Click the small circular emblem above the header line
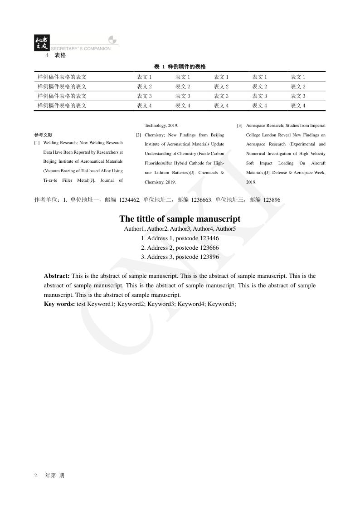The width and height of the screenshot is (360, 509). (x=112, y=40)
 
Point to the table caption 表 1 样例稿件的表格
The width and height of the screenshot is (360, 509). (x=180, y=67)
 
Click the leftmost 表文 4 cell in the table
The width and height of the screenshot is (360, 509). (x=144, y=106)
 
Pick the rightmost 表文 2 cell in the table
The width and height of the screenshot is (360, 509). (x=298, y=87)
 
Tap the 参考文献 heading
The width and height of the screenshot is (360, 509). (x=43, y=135)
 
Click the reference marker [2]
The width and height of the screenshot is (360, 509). (x=138, y=135)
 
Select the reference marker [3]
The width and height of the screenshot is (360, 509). (x=240, y=125)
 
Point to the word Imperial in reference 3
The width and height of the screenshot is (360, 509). (x=317, y=125)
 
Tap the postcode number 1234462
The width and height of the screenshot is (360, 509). (x=129, y=199)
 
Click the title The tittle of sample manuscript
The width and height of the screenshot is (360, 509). (x=180, y=219)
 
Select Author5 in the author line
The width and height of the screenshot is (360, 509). (x=226, y=229)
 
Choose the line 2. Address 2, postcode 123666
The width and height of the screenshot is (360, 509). (x=180, y=247)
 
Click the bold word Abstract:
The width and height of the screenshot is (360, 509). (x=57, y=276)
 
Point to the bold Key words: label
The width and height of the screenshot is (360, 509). (x=59, y=304)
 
